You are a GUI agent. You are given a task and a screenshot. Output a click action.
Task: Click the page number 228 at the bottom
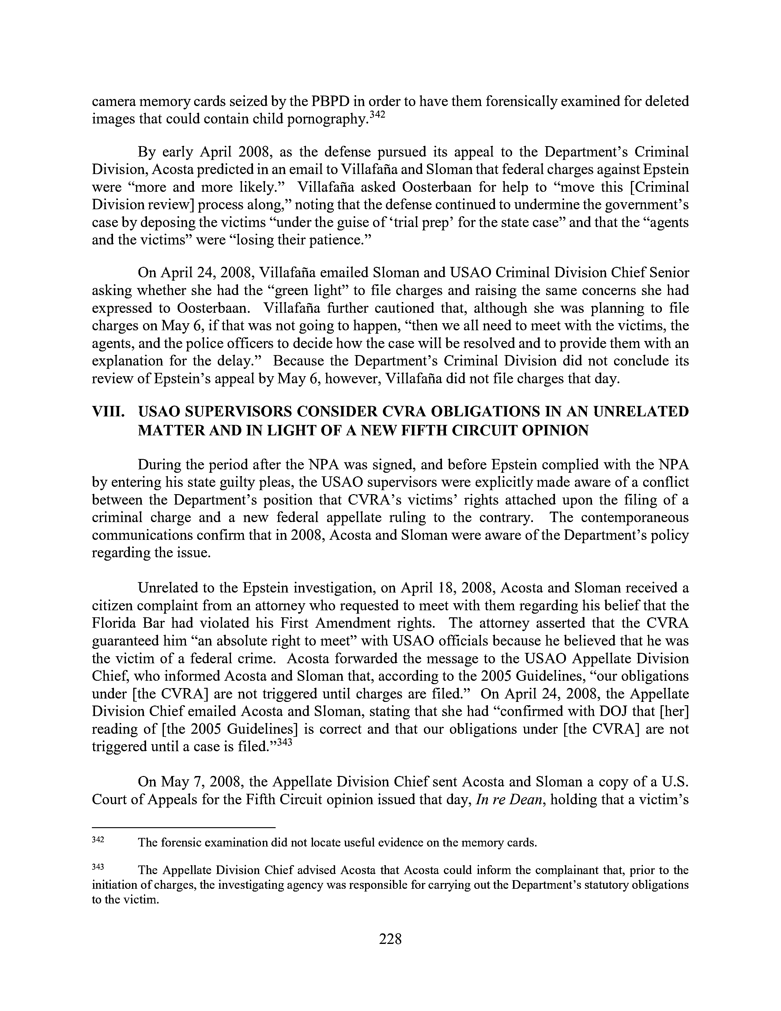pos(390,939)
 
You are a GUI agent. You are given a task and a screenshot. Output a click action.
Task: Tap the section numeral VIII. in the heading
pos(108,412)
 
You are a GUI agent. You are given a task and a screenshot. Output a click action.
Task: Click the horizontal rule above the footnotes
pos(184,826)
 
